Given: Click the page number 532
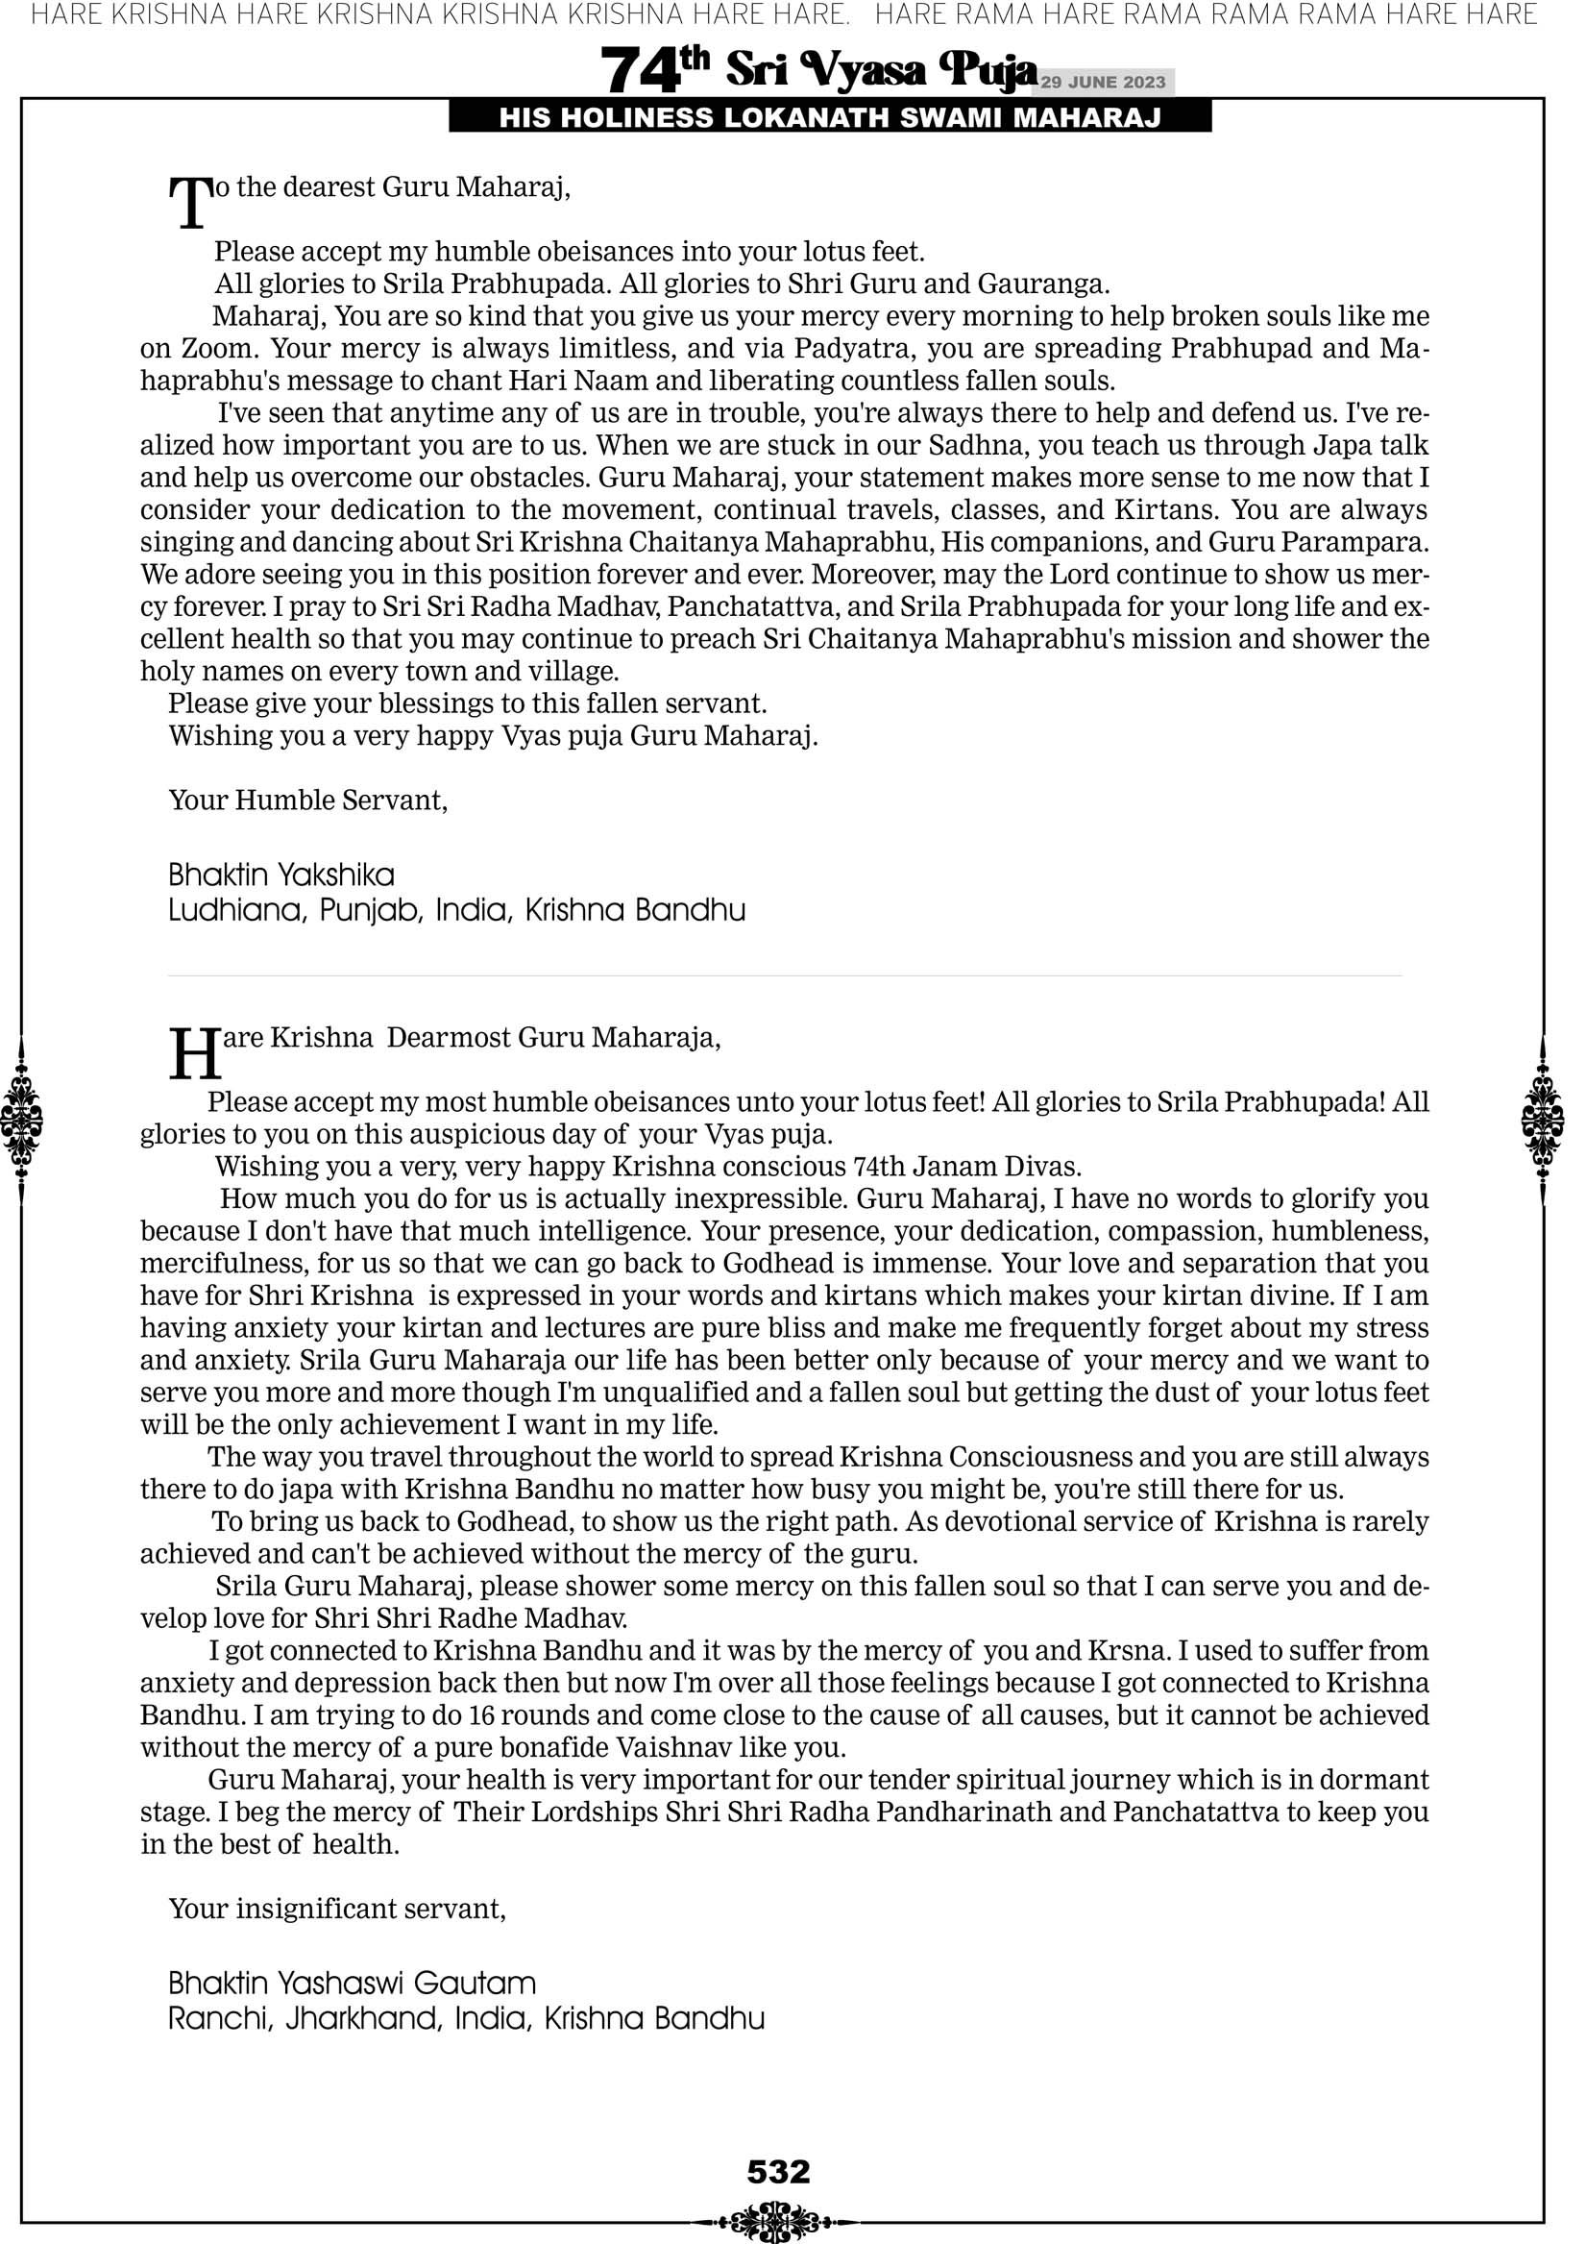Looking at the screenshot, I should (x=778, y=2171).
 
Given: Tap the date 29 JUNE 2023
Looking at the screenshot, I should (x=1102, y=82).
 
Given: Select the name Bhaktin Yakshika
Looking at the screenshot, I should (x=281, y=875).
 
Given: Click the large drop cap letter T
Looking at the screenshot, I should (x=189, y=204).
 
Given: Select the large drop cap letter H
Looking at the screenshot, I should (x=194, y=1054).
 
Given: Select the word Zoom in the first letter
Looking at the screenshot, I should (x=216, y=349).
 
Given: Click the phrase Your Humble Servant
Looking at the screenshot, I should (x=307, y=801).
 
